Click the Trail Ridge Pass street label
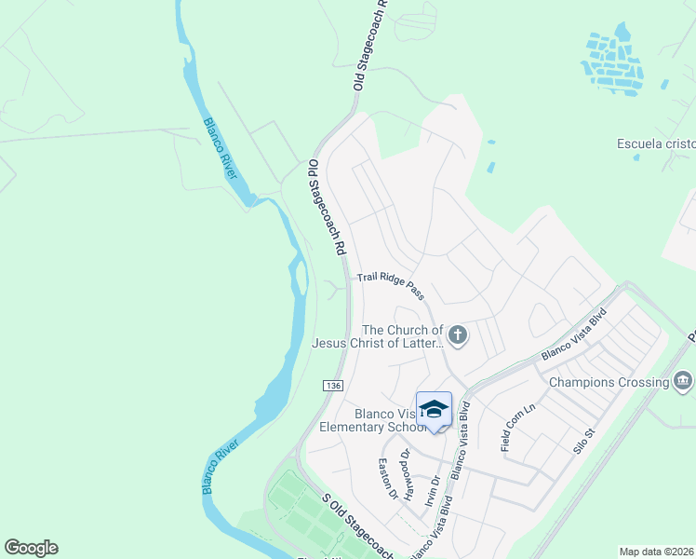[392, 285]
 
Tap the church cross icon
[457, 334]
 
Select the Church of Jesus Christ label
[377, 336]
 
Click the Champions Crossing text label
[609, 382]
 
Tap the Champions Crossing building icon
[682, 380]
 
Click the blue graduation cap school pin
[434, 409]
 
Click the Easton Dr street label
[387, 478]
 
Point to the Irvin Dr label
[429, 488]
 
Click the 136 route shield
[334, 386]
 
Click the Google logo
[31, 548]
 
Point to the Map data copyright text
[656, 552]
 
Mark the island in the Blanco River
[298, 277]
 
